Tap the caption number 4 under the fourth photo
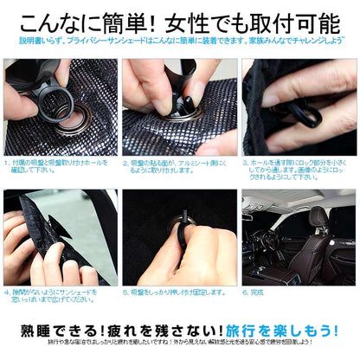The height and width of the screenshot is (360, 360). pos(8,292)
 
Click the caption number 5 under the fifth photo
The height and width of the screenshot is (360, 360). pos(126,292)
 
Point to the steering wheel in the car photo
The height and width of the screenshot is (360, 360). pos(268,238)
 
